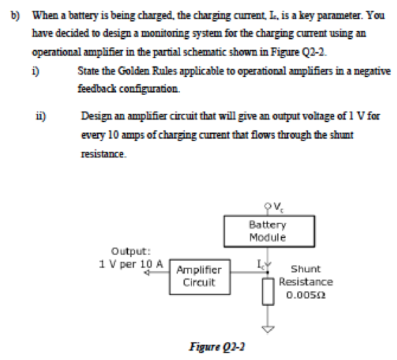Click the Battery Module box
[x=267, y=232]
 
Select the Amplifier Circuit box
[x=198, y=276]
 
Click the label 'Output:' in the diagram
[x=126, y=252]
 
